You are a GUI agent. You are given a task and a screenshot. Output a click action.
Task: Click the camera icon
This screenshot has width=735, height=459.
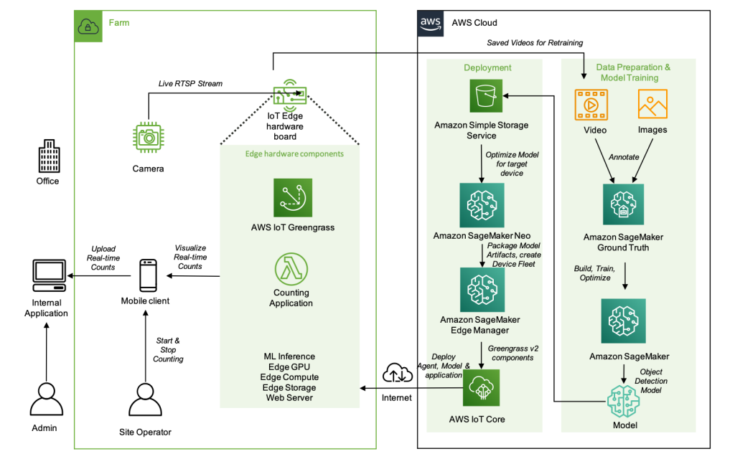coord(148,136)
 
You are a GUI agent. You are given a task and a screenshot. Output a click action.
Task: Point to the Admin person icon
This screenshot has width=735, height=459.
coord(47,399)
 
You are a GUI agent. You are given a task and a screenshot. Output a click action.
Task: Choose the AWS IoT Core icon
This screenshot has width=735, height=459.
coord(481,388)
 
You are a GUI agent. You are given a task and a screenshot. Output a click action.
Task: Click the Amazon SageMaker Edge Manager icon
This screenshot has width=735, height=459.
coord(482,290)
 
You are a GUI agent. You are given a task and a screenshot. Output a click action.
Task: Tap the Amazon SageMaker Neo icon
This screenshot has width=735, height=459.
coord(482,205)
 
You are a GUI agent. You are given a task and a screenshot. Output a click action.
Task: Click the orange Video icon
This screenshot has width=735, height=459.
coord(591,105)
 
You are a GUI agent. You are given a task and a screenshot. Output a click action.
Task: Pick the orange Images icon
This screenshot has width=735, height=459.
coord(652,105)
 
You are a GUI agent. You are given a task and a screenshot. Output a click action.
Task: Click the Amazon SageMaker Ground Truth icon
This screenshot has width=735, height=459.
coord(623,206)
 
